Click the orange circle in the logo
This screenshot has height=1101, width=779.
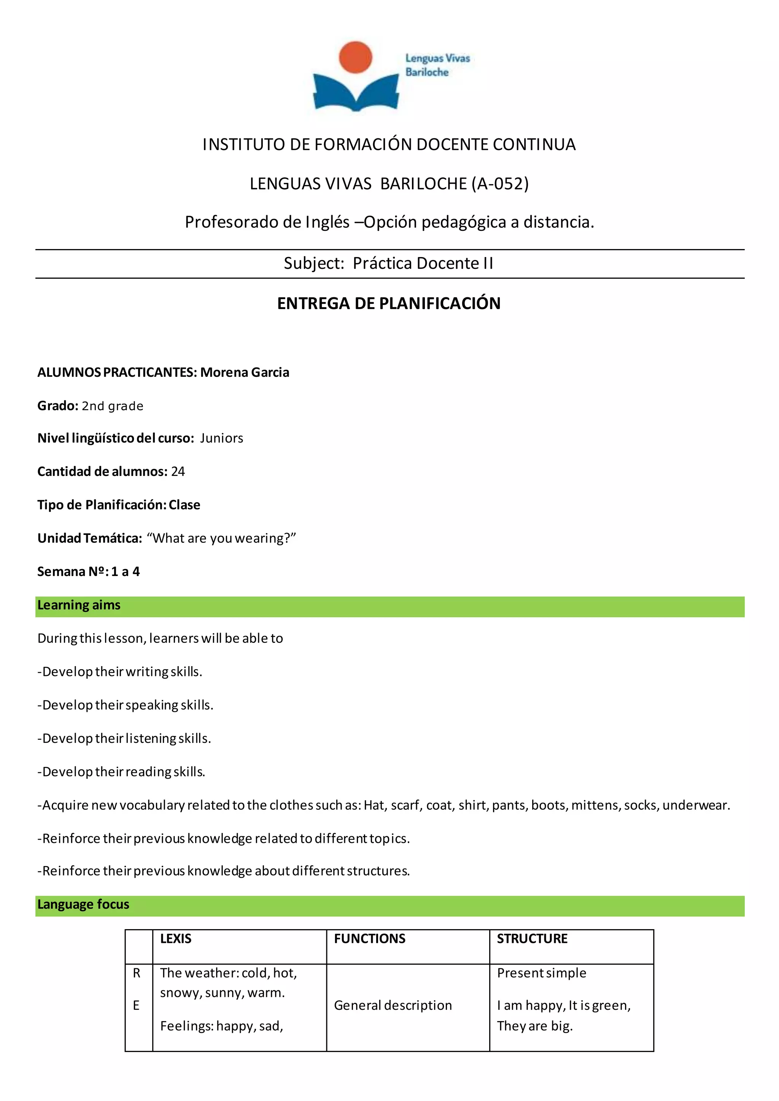tap(355, 57)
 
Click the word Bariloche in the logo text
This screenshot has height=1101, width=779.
tap(426, 72)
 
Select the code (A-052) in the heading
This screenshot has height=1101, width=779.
tap(500, 184)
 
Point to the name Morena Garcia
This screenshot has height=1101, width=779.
tap(245, 373)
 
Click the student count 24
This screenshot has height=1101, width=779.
tap(178, 472)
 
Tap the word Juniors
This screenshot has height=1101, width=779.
tap(222, 438)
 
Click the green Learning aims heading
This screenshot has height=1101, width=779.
tap(79, 606)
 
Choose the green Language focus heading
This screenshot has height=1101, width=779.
tap(83, 905)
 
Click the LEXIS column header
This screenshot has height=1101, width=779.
tap(176, 939)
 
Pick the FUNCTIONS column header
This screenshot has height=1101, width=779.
tap(369, 939)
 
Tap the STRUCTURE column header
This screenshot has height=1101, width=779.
tap(532, 939)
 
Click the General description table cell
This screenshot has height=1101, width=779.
tap(393, 1006)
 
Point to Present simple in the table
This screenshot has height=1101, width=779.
tap(542, 973)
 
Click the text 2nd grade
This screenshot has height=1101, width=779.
tap(113, 406)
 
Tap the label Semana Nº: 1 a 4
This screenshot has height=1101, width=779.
tap(89, 571)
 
